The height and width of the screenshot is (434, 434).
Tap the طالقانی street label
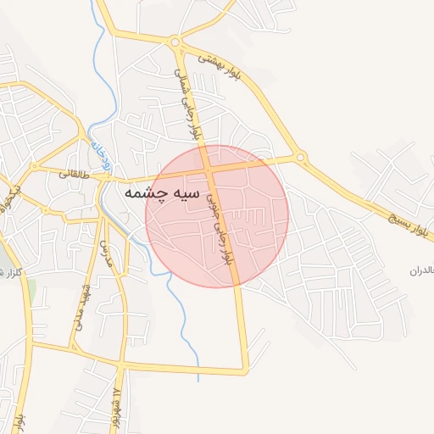point(74,173)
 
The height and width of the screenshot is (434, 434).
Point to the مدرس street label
point(107,252)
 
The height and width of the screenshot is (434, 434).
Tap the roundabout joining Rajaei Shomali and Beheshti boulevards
point(175,42)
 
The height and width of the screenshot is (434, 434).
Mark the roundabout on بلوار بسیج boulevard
point(300,157)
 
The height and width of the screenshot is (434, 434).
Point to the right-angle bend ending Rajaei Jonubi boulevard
point(247,370)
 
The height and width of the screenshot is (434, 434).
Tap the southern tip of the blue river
point(198,379)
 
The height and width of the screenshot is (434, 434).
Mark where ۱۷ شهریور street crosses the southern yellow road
point(121,366)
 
